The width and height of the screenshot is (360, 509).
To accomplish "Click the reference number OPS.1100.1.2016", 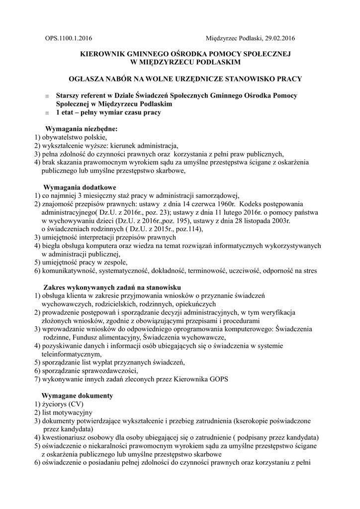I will click(68, 38).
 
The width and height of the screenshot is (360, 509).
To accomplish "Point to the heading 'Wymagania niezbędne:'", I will click(82, 129).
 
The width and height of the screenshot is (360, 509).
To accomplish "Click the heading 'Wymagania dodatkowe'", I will click(80, 187).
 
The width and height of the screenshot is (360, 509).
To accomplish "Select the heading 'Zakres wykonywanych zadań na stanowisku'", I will click(105, 287).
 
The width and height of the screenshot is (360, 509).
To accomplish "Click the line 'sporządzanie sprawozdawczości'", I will click(90, 371).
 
